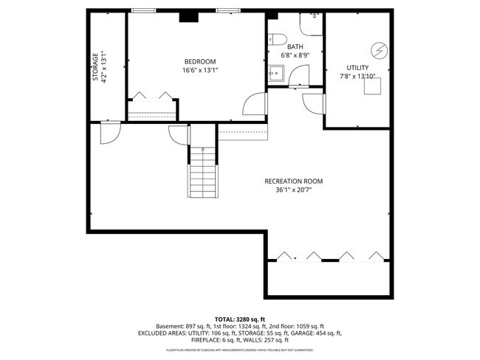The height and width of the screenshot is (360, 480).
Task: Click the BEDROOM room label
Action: click(x=200, y=61)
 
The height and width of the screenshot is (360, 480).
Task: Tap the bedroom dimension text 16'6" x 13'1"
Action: click(x=200, y=70)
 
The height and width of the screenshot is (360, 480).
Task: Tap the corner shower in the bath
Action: click(x=310, y=23)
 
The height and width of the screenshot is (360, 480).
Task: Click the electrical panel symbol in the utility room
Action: click(x=380, y=49)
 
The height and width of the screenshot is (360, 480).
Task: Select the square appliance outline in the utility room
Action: click(x=371, y=86)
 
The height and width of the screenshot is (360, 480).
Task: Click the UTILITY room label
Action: click(x=358, y=67)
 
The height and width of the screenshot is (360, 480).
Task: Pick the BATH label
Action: click(x=295, y=46)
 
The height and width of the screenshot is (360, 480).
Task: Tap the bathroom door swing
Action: click(x=300, y=76)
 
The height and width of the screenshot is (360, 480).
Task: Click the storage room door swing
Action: click(x=107, y=134)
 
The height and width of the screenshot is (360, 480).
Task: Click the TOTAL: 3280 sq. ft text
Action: click(x=239, y=318)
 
